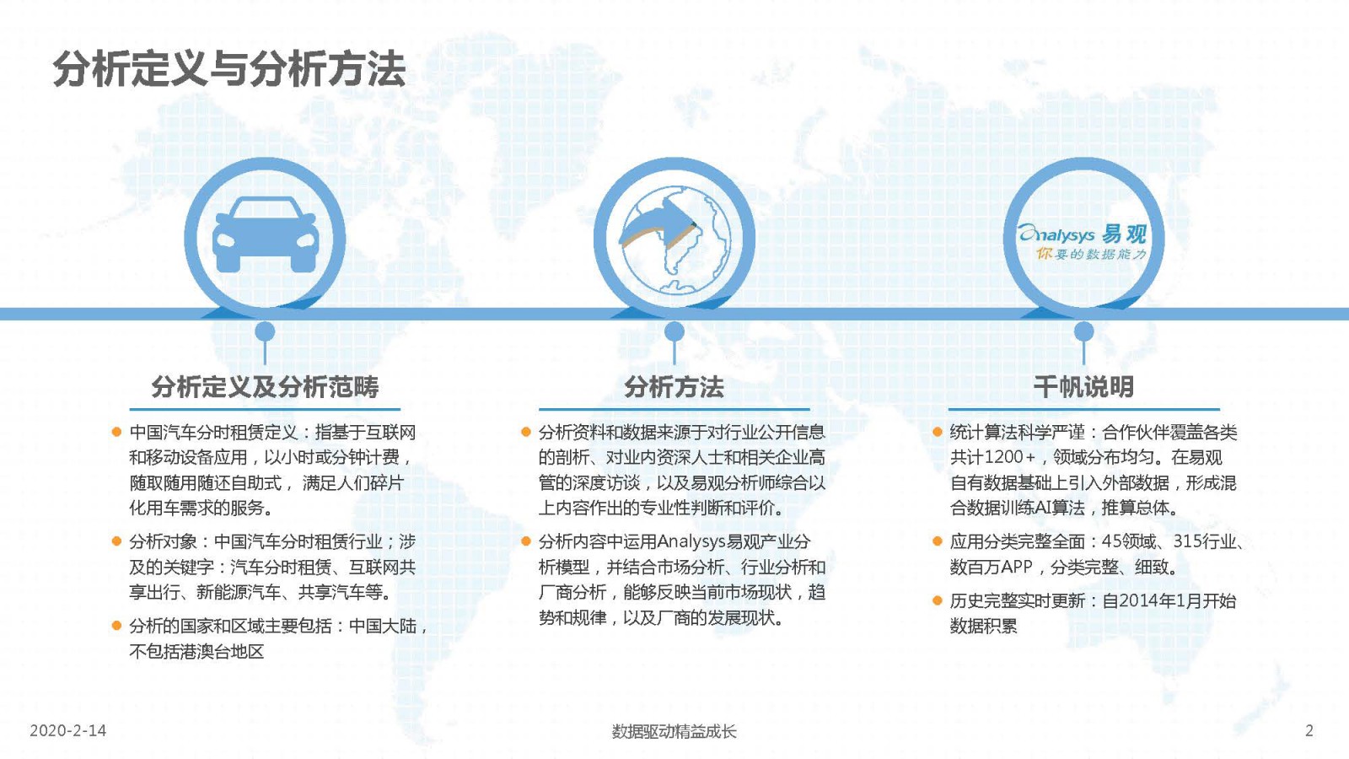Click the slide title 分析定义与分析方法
click(x=229, y=70)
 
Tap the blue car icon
click(x=265, y=234)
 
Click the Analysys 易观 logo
click(x=1083, y=241)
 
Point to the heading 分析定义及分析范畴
click(x=265, y=387)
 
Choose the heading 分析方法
click(x=674, y=387)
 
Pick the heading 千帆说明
click(x=1083, y=387)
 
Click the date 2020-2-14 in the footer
click(x=68, y=730)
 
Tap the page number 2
click(x=1309, y=730)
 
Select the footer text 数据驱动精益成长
click(x=674, y=731)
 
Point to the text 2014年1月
click(x=1153, y=600)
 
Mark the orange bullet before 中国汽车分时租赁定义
click(x=117, y=432)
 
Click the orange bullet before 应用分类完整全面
click(x=937, y=541)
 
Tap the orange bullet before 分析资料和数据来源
click(x=526, y=432)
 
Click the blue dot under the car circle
click(x=265, y=331)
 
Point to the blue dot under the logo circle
click(x=1084, y=331)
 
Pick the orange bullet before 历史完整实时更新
click(x=937, y=600)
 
